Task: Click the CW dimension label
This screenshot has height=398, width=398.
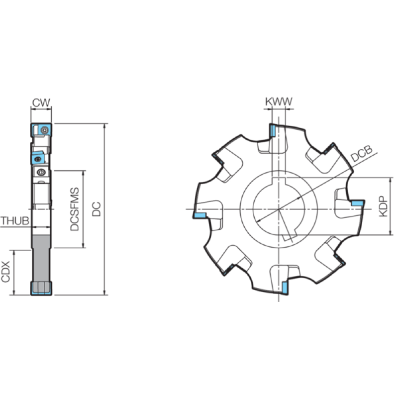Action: (x=41, y=102)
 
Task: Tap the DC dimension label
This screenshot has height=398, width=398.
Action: (x=97, y=209)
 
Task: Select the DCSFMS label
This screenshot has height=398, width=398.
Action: (x=75, y=209)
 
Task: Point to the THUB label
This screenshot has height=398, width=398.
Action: (x=15, y=221)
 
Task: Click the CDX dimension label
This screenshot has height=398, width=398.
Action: (x=5, y=272)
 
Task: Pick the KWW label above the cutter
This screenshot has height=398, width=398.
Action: (x=279, y=101)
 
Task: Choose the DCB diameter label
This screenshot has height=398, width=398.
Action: (x=362, y=154)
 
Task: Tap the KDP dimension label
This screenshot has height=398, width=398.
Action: (x=383, y=206)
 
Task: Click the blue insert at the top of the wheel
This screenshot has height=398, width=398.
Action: (x=272, y=130)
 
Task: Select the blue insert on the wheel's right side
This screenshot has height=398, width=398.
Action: (x=358, y=203)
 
